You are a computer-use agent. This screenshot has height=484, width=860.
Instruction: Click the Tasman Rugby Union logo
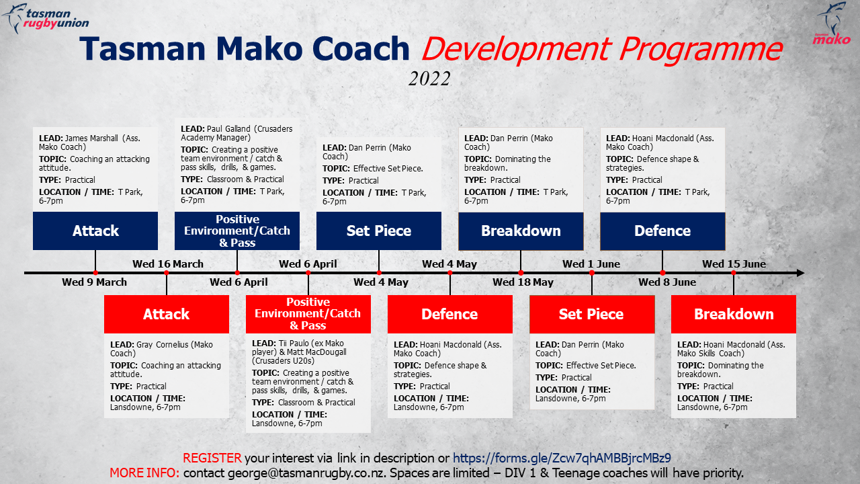click(x=45, y=18)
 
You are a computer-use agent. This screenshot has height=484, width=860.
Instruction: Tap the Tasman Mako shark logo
click(x=832, y=23)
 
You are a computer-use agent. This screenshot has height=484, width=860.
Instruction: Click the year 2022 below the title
click(x=429, y=79)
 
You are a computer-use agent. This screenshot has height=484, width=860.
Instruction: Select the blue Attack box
click(x=95, y=231)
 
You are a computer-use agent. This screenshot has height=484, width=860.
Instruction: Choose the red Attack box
click(x=167, y=314)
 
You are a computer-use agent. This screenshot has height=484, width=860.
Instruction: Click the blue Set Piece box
click(x=379, y=231)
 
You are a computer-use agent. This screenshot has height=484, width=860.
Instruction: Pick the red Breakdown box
click(x=734, y=314)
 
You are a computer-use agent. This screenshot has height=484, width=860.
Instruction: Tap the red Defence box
click(x=450, y=314)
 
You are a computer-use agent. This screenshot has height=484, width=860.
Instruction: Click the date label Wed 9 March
click(x=95, y=282)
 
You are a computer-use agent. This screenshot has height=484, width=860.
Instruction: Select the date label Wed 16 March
click(x=168, y=264)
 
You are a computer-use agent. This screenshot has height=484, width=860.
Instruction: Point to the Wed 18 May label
click(x=523, y=282)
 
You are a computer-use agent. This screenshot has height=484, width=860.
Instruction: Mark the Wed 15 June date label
click(x=734, y=264)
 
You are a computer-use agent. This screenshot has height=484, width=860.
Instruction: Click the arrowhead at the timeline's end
click(x=801, y=273)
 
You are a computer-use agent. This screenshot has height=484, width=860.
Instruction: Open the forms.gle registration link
click(x=562, y=458)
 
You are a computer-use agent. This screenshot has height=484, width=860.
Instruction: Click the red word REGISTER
click(x=212, y=458)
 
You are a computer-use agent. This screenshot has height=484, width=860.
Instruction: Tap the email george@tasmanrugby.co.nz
click(x=306, y=473)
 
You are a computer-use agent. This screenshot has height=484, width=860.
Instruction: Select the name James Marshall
click(x=91, y=138)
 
